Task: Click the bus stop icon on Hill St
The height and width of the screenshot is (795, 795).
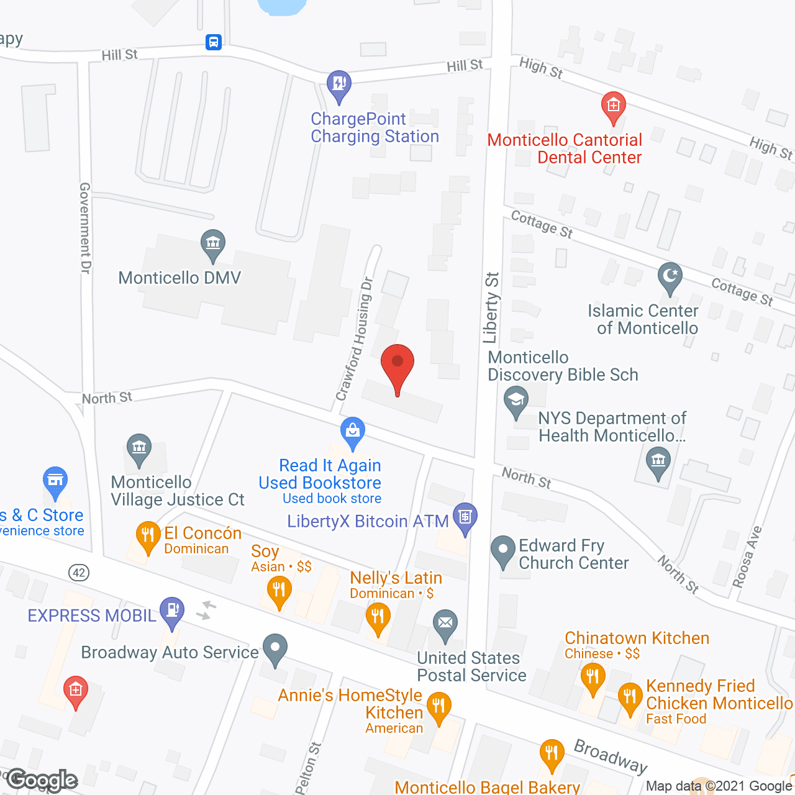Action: [x=214, y=42]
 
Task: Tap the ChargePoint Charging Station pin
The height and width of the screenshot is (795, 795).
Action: [x=339, y=84]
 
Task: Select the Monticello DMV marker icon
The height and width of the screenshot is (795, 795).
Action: [x=213, y=243]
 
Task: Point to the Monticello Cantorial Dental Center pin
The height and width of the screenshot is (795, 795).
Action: [x=614, y=106]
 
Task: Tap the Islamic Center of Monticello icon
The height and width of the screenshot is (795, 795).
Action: [x=670, y=276]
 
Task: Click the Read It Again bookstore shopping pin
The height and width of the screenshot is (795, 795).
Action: [x=353, y=431]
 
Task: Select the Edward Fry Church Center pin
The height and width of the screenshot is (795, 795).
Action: [x=503, y=550]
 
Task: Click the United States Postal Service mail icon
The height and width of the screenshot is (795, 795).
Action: [x=445, y=623]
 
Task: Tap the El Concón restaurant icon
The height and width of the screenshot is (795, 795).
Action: [x=148, y=535]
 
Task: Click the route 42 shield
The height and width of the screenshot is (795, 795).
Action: [x=79, y=572]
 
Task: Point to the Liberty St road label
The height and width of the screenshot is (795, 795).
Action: [x=491, y=307]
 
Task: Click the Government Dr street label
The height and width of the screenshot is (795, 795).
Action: [x=86, y=228]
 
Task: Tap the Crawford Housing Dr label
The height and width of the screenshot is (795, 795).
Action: [x=354, y=338]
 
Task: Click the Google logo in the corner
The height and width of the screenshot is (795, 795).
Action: [x=42, y=780]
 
